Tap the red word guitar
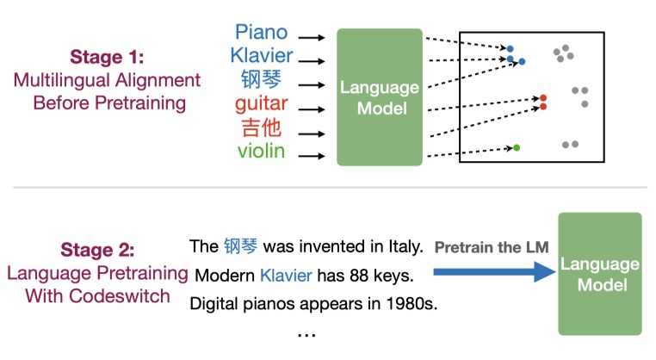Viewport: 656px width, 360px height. (x=262, y=106)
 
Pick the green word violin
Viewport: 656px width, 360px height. (x=262, y=155)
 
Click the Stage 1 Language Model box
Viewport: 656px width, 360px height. (x=380, y=96)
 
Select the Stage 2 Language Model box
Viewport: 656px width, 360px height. (x=600, y=273)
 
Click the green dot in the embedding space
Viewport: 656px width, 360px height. (x=517, y=148)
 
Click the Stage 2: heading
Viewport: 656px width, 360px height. (x=97, y=251)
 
